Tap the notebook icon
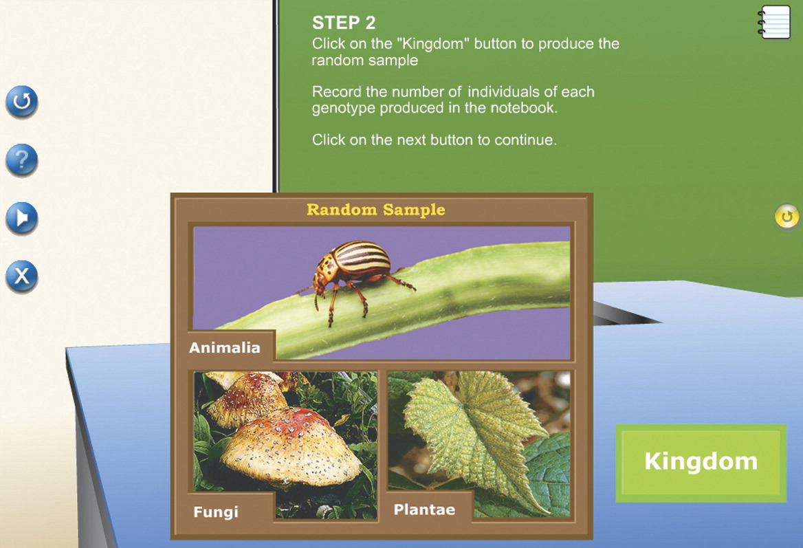coord(774,21)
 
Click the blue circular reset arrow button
coord(21,101)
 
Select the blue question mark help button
coord(21,160)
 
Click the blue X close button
coord(21,276)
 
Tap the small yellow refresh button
coord(786,217)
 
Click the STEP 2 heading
coord(344,23)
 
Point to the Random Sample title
coord(376,210)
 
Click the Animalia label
coord(224,347)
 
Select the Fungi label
coord(216,512)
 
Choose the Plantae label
coord(424,509)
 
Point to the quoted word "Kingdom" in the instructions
coord(432,43)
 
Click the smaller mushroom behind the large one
coord(248,399)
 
